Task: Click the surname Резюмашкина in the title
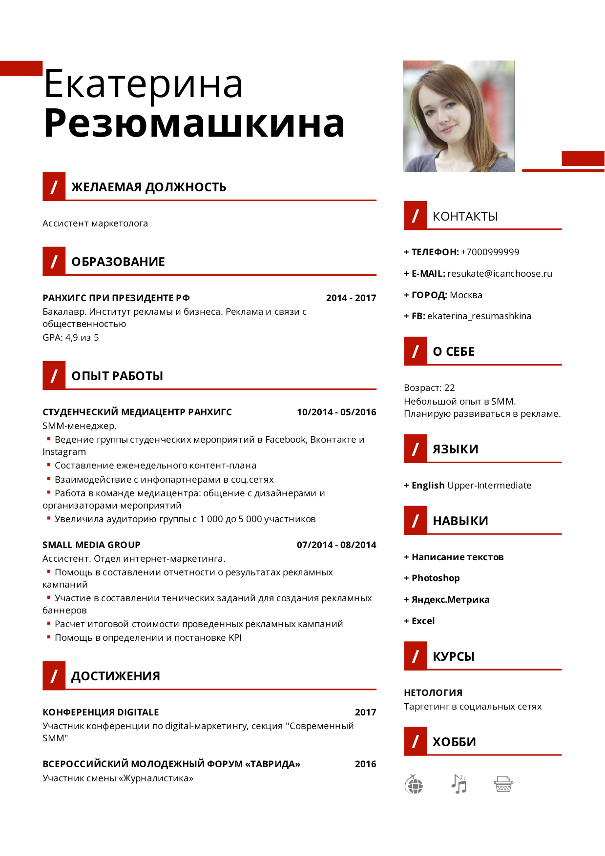point(194,123)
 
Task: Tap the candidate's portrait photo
point(459,116)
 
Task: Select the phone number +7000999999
point(490,252)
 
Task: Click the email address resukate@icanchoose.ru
point(500,273)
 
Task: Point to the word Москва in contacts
point(466,295)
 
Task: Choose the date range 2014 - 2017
point(351,298)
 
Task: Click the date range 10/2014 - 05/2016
point(336,412)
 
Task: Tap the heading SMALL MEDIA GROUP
point(91,545)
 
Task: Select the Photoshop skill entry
point(436,578)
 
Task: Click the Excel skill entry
point(423,621)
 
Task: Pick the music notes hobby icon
point(459,784)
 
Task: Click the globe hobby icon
point(414,784)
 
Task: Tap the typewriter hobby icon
point(503,784)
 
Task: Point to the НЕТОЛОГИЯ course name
point(433,693)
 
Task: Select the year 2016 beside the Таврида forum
point(365,764)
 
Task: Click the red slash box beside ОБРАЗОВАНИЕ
point(54,261)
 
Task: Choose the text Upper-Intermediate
point(489,485)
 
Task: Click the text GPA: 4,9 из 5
point(71,337)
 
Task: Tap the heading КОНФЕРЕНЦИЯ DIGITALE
point(101,712)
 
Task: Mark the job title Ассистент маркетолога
point(95,223)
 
